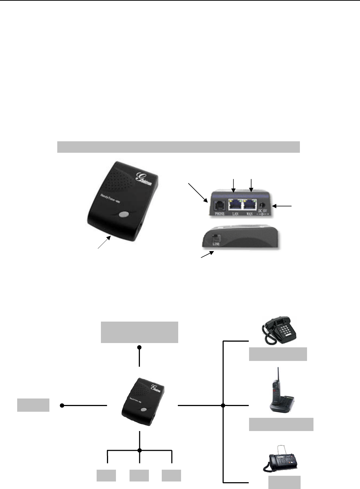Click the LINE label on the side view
click(x=216, y=244)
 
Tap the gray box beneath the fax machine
click(x=284, y=482)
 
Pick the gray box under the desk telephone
click(x=278, y=354)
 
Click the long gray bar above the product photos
click(x=178, y=147)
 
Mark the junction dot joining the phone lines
click(x=223, y=406)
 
